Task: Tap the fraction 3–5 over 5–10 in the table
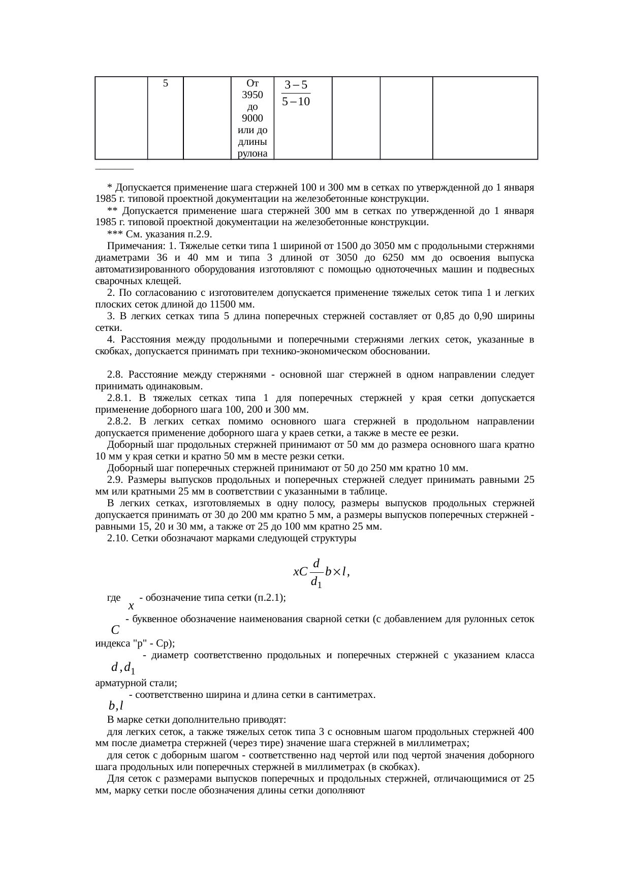[x=296, y=93]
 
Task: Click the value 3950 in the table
[x=253, y=95]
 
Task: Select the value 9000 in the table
[x=253, y=119]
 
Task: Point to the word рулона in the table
[x=253, y=154]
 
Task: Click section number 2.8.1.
[x=120, y=398]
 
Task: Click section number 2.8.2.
[x=120, y=421]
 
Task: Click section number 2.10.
[x=118, y=538]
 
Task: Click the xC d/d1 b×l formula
[x=321, y=572]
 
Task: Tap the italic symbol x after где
[x=131, y=606]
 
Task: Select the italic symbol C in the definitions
[x=115, y=630]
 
